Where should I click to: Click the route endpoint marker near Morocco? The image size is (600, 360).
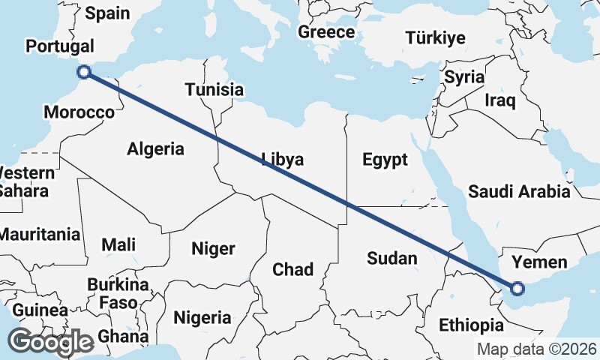coord(84,72)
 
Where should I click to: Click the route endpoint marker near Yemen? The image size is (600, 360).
coord(517,287)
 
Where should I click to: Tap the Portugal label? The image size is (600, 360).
coord(60,46)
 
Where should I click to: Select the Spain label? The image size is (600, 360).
coord(107,13)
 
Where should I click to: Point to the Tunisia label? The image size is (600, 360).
coord(214,90)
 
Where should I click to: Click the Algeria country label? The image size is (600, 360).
coord(155,148)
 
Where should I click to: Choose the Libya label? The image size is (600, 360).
coord(283,159)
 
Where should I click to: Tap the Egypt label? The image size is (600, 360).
coord(385,159)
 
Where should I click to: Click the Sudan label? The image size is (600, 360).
coord(391,259)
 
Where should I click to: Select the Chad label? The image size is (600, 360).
coord(292,269)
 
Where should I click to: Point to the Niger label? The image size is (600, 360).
coord(214,249)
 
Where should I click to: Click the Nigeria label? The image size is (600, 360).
coord(202,317)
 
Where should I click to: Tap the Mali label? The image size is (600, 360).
coord(118,244)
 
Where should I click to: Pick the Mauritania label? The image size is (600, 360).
coord(39,234)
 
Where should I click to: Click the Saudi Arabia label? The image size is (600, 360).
coord(519,192)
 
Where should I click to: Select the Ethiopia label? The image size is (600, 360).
coord(471,325)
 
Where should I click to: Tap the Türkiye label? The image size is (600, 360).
coord(435,37)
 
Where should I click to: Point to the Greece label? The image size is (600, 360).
coord(326,32)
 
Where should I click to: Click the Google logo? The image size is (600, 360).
coord(50,343)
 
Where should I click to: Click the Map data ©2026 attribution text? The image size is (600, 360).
coord(537,349)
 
